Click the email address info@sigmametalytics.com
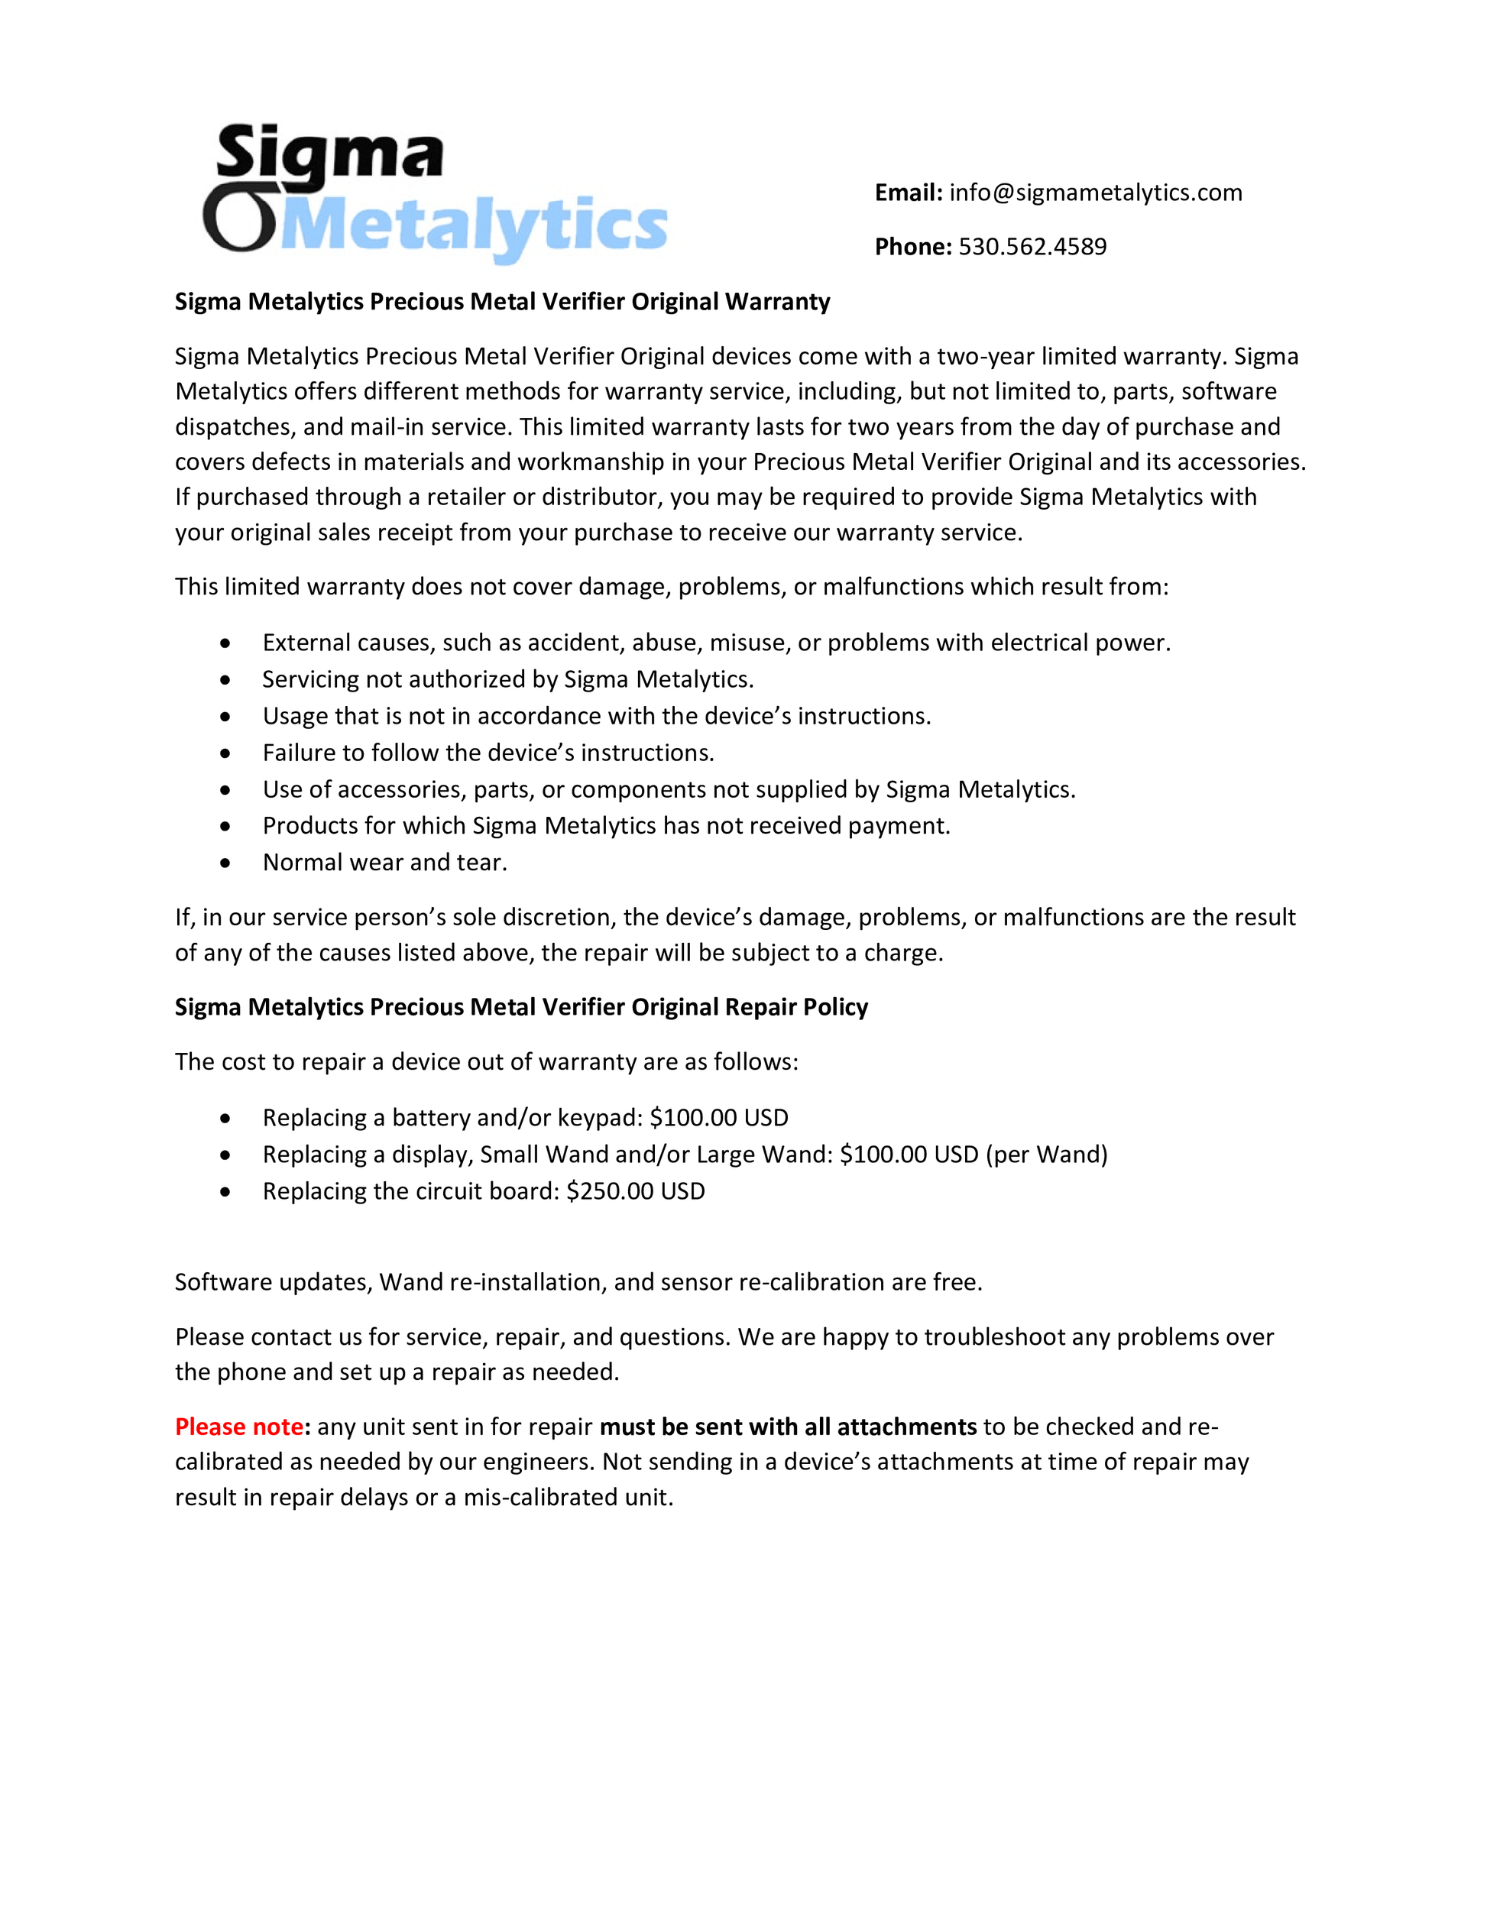click(1095, 193)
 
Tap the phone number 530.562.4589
click(1032, 247)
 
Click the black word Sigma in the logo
click(329, 154)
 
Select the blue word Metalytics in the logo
click(476, 226)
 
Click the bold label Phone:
click(912, 247)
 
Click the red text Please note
click(238, 1427)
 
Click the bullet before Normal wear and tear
click(225, 863)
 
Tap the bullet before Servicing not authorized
click(225, 680)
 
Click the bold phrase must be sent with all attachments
click(788, 1427)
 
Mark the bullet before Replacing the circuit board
click(225, 1192)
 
